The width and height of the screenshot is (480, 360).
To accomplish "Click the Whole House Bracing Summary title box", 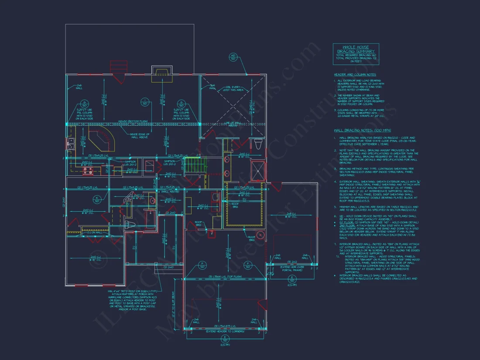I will click(356, 54).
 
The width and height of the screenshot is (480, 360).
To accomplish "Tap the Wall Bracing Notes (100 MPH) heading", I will click(362, 130).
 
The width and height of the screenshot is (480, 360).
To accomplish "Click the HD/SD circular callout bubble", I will click(233, 57).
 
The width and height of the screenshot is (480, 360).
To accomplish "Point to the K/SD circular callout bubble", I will click(96, 199).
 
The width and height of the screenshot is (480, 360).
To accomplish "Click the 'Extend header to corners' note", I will click(225, 332).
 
